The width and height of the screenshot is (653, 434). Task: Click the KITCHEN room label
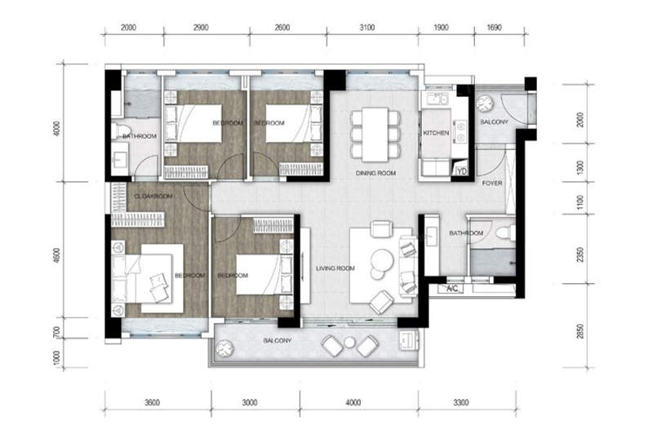(436, 133)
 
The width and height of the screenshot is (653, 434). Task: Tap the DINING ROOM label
(375, 173)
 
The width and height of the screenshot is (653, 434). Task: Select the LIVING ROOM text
(335, 268)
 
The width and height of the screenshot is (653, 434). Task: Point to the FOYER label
(492, 183)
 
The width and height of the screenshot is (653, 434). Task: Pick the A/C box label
(452, 289)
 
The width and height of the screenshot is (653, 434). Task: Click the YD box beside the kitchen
(461, 171)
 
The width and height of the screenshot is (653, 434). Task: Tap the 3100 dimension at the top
(366, 28)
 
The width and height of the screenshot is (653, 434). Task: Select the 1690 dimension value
(494, 28)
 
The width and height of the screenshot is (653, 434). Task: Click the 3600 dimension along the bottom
(152, 402)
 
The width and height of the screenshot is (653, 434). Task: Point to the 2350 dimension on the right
(580, 255)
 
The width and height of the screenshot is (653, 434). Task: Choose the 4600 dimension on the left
(56, 255)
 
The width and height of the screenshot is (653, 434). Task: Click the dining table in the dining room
(375, 135)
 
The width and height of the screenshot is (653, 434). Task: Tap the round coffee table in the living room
(382, 259)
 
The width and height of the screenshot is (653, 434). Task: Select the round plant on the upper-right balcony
(485, 104)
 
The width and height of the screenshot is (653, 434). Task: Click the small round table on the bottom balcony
(350, 343)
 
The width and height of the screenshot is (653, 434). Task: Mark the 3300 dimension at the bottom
(461, 402)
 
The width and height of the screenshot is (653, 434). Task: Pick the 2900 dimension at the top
(200, 28)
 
